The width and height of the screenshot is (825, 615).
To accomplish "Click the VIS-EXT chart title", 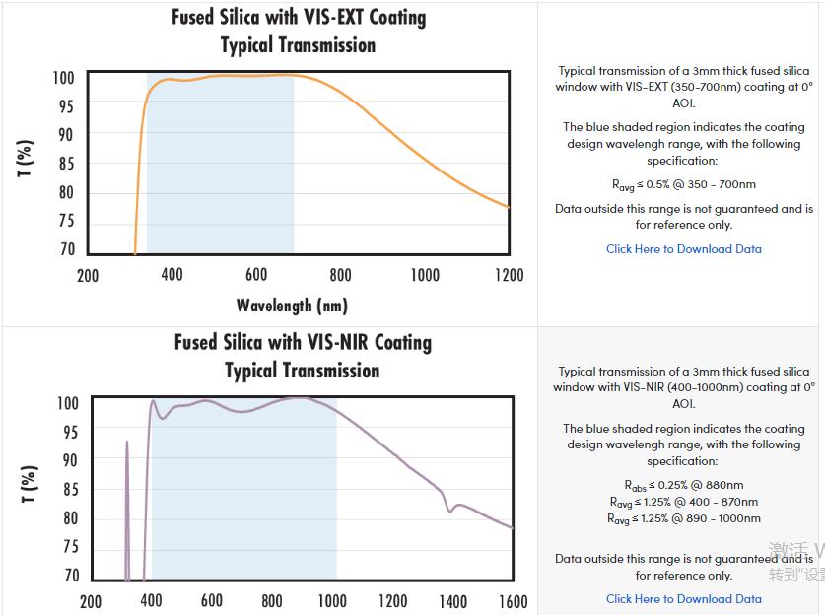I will [x=298, y=32].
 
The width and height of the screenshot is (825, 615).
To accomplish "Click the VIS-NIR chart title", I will [x=303, y=356].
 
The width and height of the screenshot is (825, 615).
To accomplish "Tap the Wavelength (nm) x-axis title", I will [x=292, y=306].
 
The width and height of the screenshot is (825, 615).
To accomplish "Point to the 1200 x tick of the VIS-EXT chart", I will [x=509, y=275].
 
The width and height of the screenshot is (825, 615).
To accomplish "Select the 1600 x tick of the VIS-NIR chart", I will [x=513, y=601].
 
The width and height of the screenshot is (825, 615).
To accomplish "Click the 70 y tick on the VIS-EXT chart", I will [x=66, y=250].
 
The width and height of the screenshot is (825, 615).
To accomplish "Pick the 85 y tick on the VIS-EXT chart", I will [x=66, y=164].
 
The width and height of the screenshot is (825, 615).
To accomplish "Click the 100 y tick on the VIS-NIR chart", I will [x=67, y=403].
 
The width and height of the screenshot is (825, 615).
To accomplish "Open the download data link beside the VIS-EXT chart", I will [x=683, y=249].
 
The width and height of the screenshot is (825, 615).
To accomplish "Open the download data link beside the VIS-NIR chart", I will [x=683, y=598].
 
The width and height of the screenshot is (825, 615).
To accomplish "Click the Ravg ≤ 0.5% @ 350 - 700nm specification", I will [x=683, y=184].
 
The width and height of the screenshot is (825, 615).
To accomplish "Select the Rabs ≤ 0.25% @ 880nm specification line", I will [x=683, y=485].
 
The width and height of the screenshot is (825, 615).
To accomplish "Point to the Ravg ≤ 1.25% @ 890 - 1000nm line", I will [x=683, y=518].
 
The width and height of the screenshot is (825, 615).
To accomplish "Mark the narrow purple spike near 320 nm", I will [x=127, y=463].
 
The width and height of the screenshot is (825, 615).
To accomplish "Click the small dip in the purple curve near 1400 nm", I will [x=450, y=509].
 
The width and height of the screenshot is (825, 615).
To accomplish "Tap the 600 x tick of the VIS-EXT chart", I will [x=256, y=275].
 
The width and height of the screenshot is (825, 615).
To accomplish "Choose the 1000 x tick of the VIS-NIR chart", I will [x=332, y=601].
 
